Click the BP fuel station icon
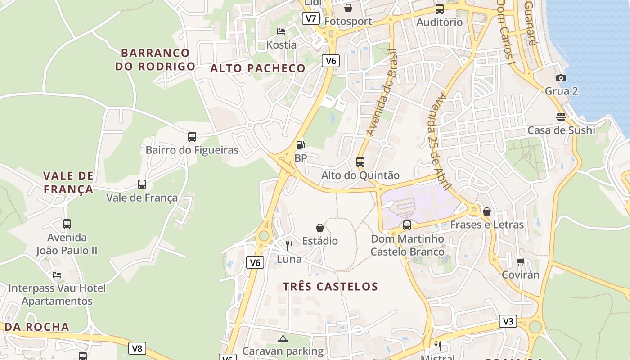[x=300, y=145]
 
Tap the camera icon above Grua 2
[x=561, y=78]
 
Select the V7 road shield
[x=310, y=18]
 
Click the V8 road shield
[x=137, y=348]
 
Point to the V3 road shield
[x=508, y=321]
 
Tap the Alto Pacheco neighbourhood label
[x=258, y=68]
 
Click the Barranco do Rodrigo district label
[x=155, y=59]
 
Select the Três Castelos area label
[x=330, y=286]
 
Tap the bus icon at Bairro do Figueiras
[x=192, y=136]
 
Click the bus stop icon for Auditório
[x=439, y=9]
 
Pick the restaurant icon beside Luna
[x=289, y=246]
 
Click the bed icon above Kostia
[x=281, y=31]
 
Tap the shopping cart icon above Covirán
[x=520, y=261]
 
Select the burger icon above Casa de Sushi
[x=561, y=117]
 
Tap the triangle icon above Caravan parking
[x=283, y=338]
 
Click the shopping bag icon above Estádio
[x=320, y=228]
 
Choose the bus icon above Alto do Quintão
[x=360, y=162]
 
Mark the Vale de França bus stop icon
[x=142, y=184]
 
